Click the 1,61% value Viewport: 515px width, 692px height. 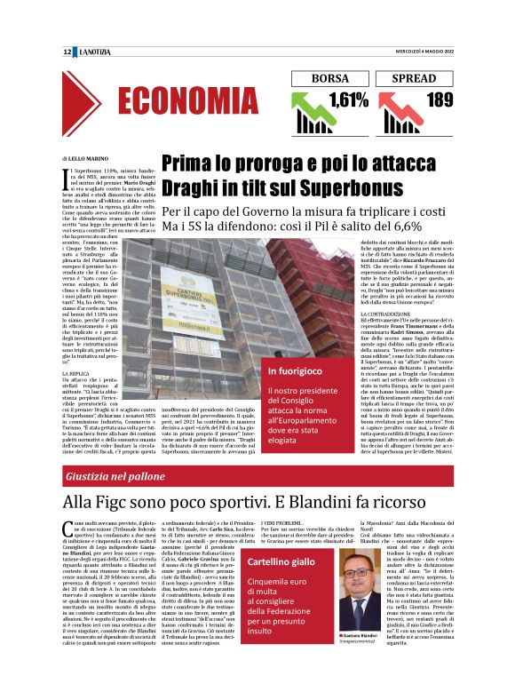point(348,99)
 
